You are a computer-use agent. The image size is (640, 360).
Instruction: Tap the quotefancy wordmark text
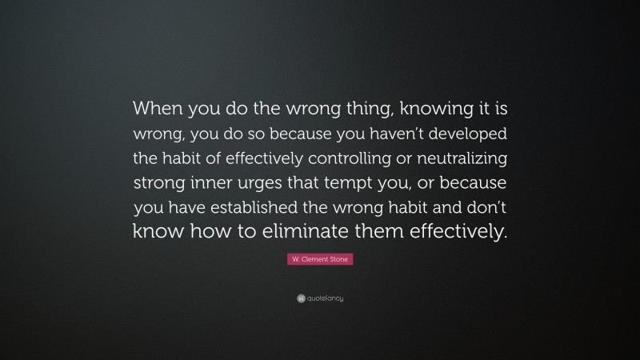point(325,298)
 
